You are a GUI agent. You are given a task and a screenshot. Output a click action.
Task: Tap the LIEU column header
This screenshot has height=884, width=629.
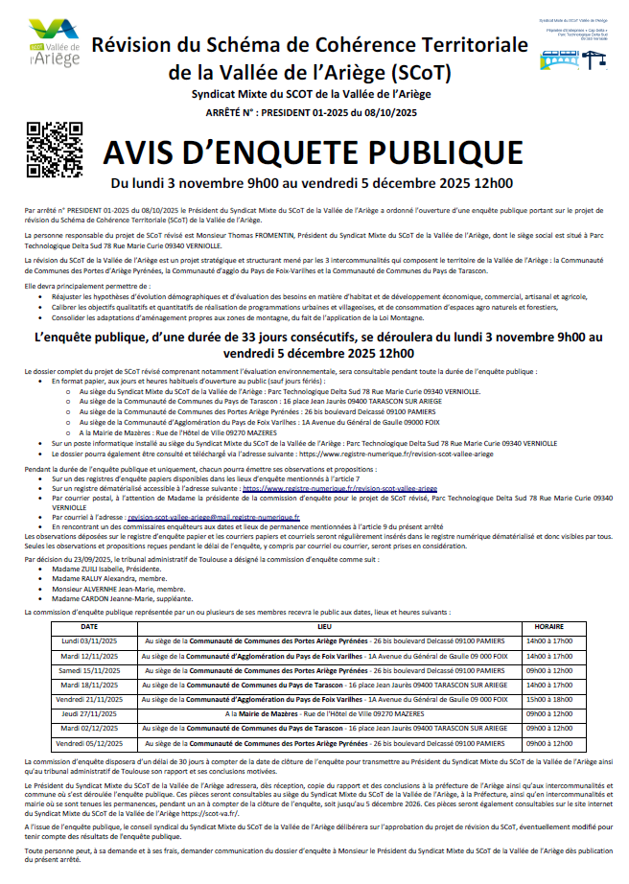coord(323,625)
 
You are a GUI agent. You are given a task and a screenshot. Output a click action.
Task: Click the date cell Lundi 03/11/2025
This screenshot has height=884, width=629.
coord(89,640)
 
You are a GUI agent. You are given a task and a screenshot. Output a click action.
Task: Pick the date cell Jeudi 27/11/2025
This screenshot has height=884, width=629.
coord(89,714)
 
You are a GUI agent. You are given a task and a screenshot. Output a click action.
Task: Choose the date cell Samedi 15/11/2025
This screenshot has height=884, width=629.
coord(89,670)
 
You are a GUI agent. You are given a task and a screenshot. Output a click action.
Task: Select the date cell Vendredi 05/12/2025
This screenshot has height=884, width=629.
coord(89,744)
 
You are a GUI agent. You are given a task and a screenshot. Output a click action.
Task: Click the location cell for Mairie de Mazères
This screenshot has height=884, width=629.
coord(323,714)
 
